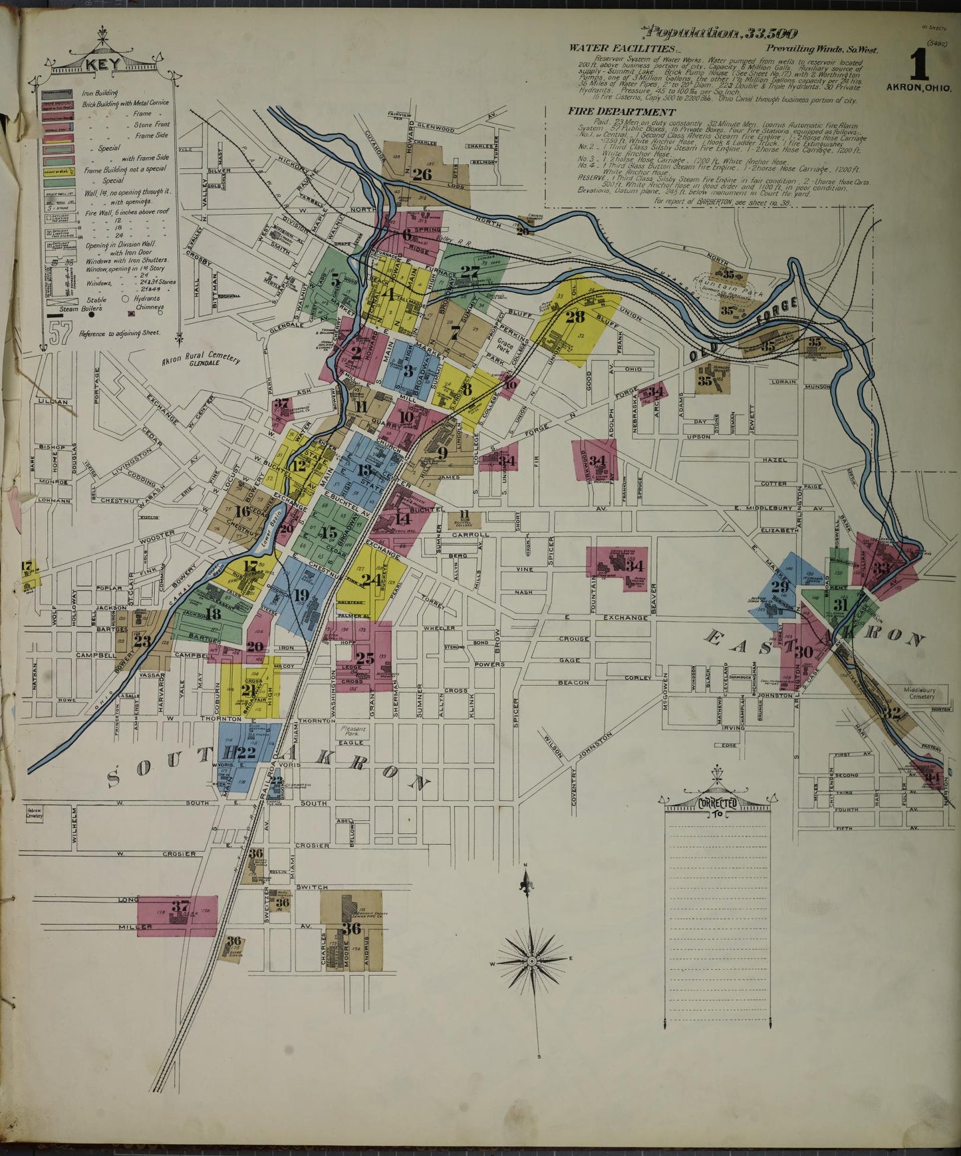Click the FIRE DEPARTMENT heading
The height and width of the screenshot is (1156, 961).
[x=622, y=112]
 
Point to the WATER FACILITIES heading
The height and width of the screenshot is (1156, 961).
[x=622, y=49]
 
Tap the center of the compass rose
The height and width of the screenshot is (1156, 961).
[x=532, y=962]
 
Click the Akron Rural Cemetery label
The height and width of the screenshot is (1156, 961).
[x=200, y=360]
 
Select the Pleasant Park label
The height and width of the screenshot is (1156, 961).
[x=353, y=732]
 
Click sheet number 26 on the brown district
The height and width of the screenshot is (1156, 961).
[x=422, y=175]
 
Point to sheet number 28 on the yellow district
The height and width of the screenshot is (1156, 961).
[x=575, y=317]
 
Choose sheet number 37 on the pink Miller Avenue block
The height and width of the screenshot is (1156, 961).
[x=181, y=905]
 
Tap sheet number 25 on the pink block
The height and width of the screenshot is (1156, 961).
[x=364, y=658]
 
